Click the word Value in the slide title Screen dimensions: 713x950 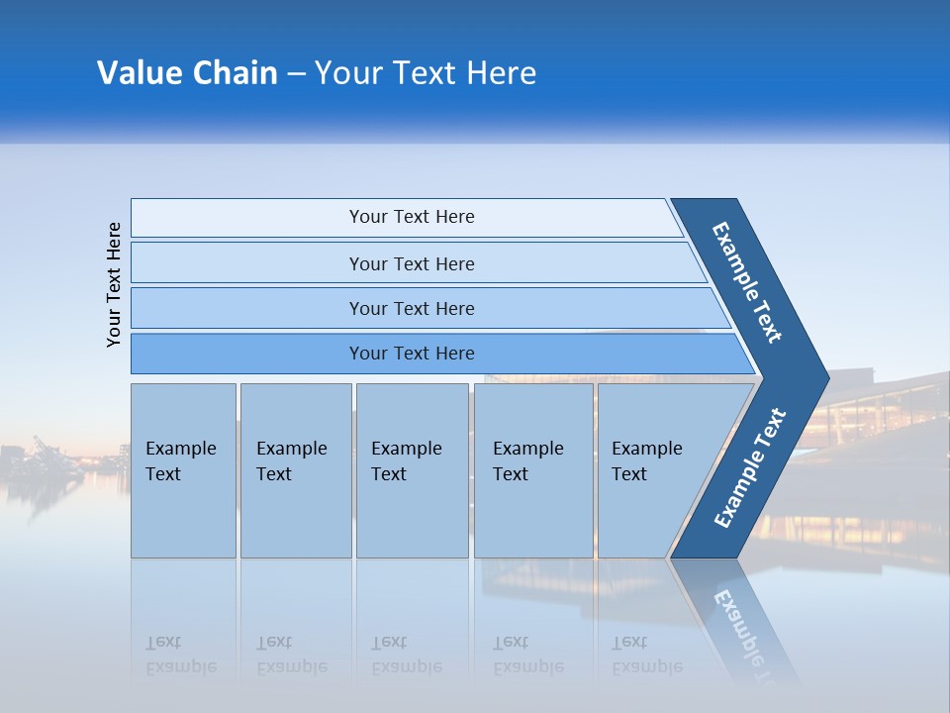pyautogui.click(x=137, y=73)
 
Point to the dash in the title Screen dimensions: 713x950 pyautogui.click(x=296, y=74)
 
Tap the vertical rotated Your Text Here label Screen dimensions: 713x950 pyautogui.click(x=114, y=285)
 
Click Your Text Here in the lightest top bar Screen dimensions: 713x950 pyautogui.click(x=412, y=217)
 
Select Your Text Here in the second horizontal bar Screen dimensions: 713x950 pyautogui.click(x=412, y=264)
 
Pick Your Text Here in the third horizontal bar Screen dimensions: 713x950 pyautogui.click(x=412, y=309)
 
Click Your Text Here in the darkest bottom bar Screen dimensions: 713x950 pyautogui.click(x=412, y=354)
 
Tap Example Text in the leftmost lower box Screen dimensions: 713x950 pyautogui.click(x=180, y=461)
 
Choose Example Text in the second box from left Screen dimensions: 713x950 pyautogui.click(x=291, y=461)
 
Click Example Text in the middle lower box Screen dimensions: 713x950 pyautogui.click(x=406, y=461)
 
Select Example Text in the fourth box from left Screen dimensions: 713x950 pyautogui.click(x=527, y=461)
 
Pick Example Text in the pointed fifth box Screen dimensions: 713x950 pyautogui.click(x=646, y=461)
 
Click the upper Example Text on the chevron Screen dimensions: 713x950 pyautogui.click(x=747, y=282)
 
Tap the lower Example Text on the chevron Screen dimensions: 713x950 pyautogui.click(x=749, y=468)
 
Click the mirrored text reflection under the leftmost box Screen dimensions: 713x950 pyautogui.click(x=180, y=655)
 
